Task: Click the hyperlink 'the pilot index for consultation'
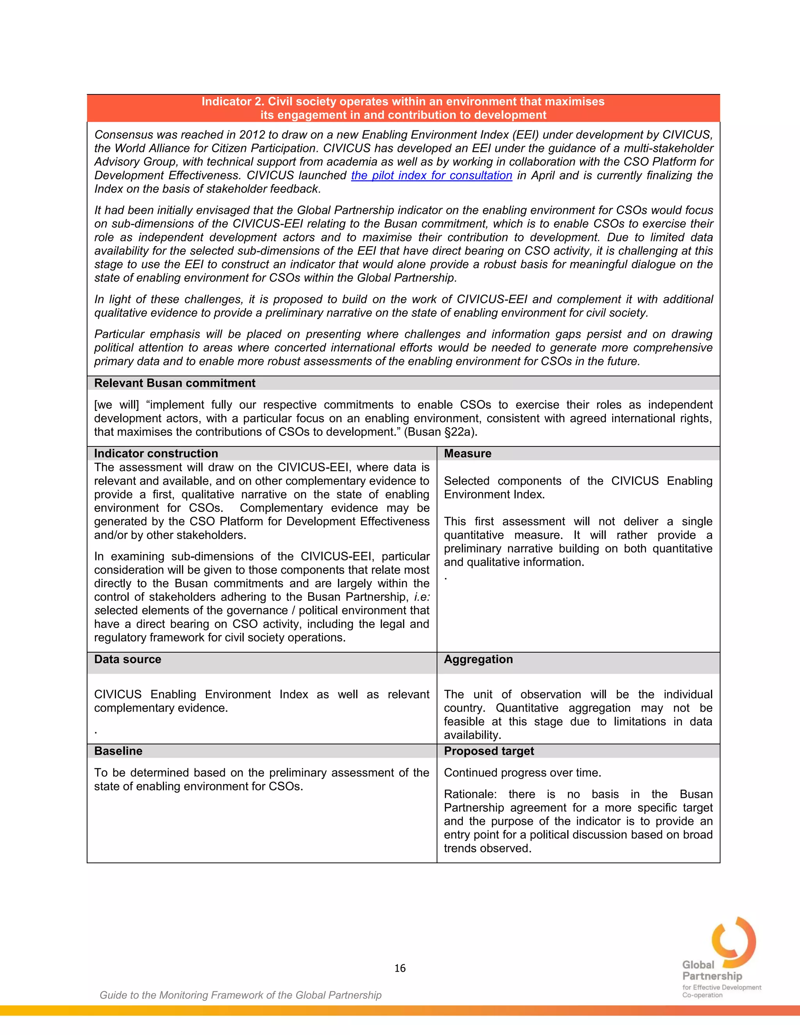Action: [x=431, y=175]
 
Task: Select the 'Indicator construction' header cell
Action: [x=156, y=453]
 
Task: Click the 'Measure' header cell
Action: [x=467, y=453]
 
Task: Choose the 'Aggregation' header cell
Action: [x=478, y=659]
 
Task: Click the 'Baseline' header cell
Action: [x=118, y=751]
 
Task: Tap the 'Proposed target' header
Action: [x=489, y=751]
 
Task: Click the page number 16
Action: [x=400, y=968]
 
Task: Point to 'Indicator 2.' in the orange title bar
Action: [x=233, y=102]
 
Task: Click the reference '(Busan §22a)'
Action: [x=440, y=432]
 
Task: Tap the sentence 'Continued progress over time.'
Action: [x=522, y=773]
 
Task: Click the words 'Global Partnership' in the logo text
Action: [x=712, y=971]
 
